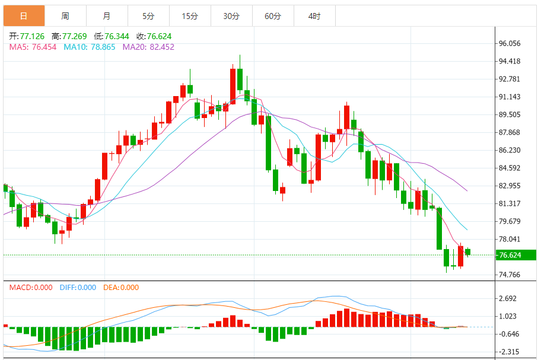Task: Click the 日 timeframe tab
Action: coord(24,16)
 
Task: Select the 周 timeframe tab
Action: coord(65,16)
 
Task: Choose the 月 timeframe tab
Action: coord(106,16)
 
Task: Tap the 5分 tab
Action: coord(148,16)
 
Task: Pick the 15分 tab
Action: coord(190,16)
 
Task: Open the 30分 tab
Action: coord(231,16)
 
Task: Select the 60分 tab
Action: coord(273,16)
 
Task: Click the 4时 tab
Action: coord(314,16)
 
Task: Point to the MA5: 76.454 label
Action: coord(33,47)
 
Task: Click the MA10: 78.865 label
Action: coord(90,47)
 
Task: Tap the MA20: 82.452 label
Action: coord(148,47)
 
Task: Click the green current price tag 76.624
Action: coord(517,256)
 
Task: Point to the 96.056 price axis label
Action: coord(510,43)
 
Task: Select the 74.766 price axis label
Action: coord(510,275)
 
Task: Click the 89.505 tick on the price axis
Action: coord(510,114)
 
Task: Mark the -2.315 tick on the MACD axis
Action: coord(509,352)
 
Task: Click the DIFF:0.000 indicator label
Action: coord(78,288)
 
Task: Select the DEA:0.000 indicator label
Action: coord(121,288)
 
